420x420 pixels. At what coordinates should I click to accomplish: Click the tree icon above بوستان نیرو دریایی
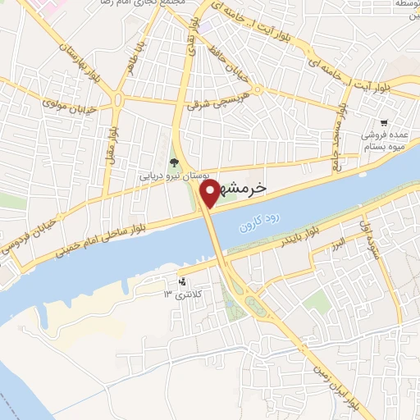(x=174, y=161)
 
